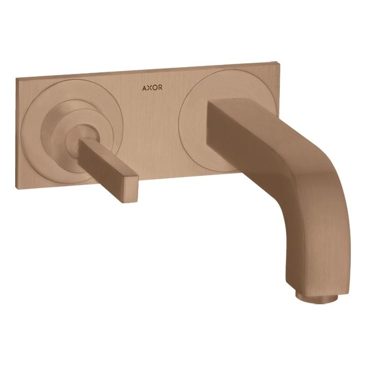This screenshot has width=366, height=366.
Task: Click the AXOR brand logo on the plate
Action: point(152,88)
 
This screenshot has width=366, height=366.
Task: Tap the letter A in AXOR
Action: point(144,88)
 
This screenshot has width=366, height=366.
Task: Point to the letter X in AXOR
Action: point(149,88)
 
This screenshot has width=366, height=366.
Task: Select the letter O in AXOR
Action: point(155,88)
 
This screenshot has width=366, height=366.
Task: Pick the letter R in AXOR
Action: point(160,88)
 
